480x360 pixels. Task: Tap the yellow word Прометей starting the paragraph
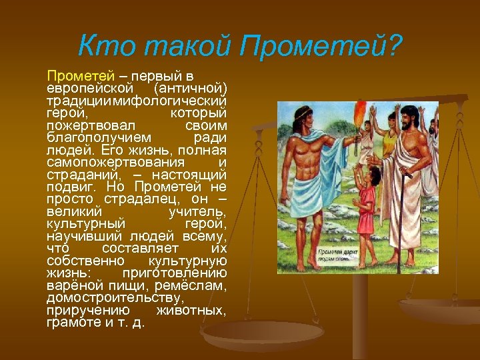click(x=73, y=77)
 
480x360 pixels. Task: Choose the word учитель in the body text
click(x=197, y=212)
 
